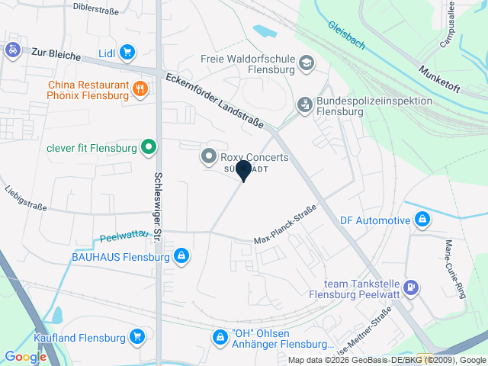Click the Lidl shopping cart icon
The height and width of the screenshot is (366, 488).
(x=127, y=53)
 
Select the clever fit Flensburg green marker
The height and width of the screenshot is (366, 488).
(x=149, y=147)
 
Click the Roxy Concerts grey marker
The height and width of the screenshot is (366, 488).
(x=208, y=157)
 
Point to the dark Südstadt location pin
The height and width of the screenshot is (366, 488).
(x=243, y=170)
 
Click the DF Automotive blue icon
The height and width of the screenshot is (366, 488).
(x=423, y=221)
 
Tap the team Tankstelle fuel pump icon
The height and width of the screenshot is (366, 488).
(x=411, y=287)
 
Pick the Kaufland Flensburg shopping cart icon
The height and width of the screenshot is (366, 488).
(x=137, y=336)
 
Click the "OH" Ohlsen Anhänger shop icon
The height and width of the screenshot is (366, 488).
(x=220, y=337)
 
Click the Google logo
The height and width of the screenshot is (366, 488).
(x=25, y=356)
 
